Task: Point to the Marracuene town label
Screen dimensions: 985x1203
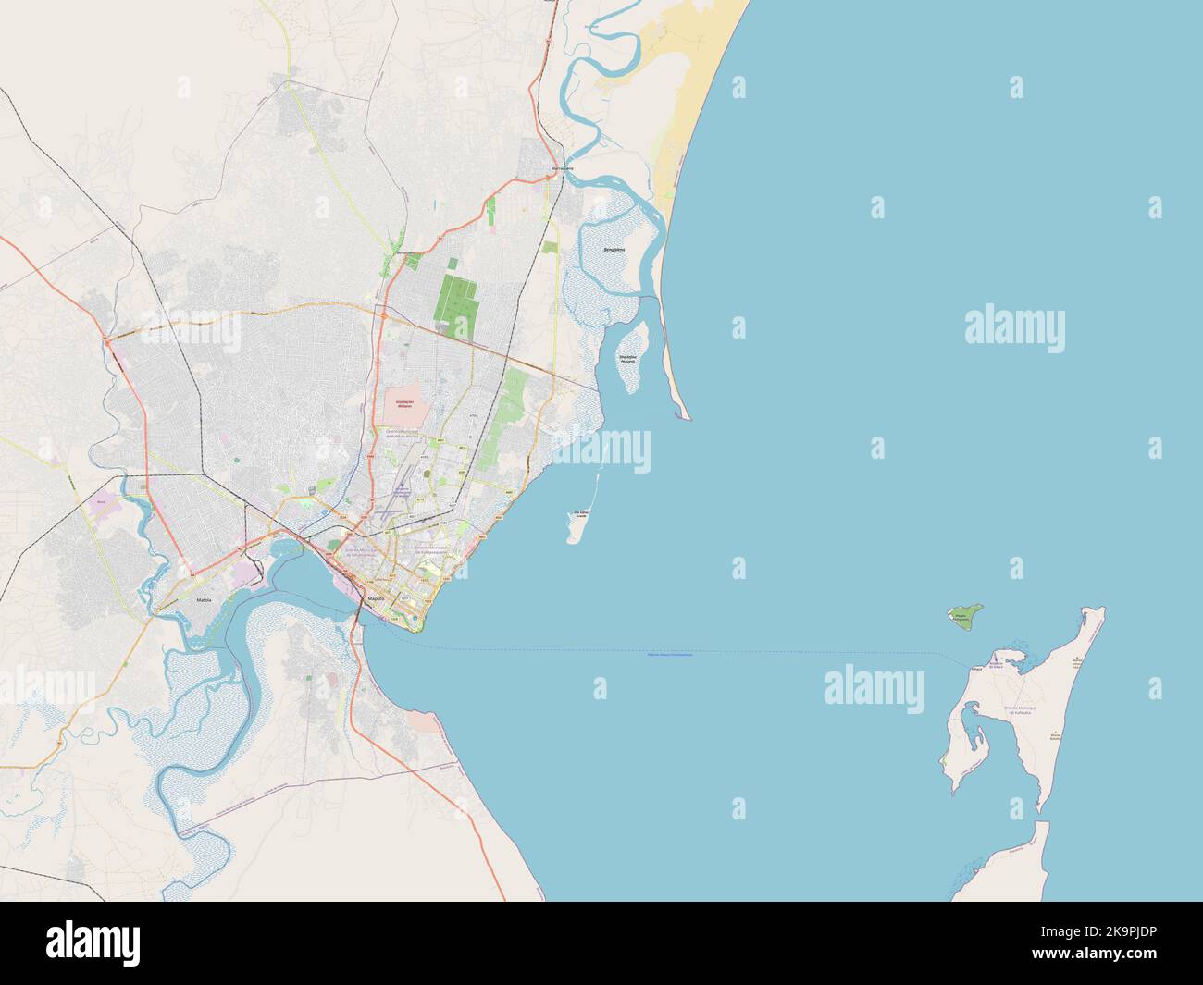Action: pos(563,169)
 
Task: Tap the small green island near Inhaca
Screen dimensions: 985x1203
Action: pos(964,616)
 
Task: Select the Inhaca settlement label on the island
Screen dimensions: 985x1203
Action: pos(975,669)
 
